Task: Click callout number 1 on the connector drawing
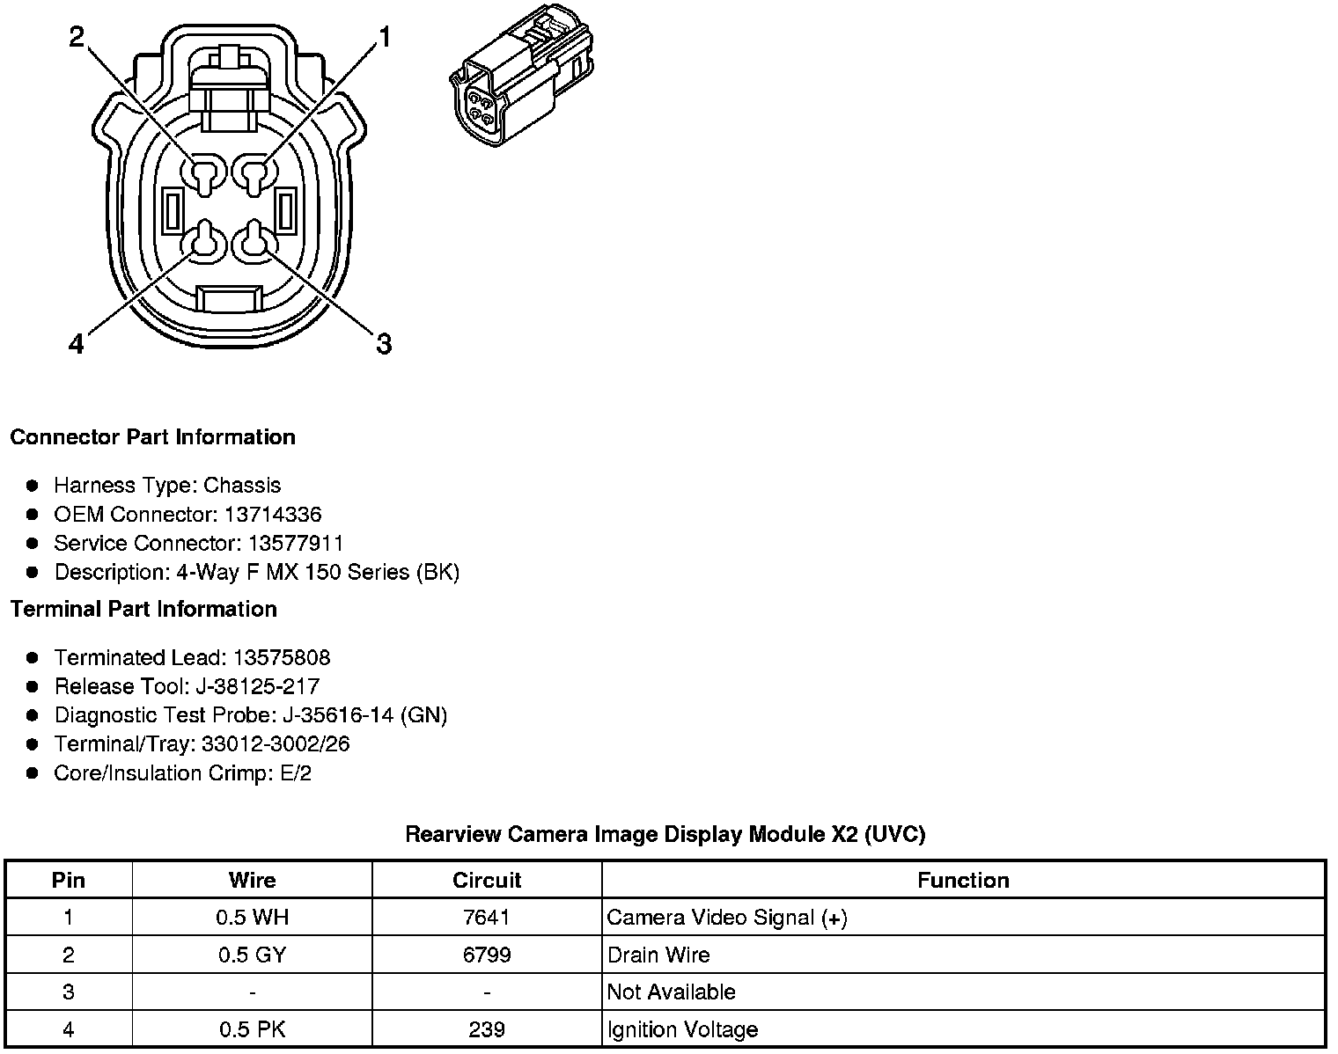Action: click(x=384, y=36)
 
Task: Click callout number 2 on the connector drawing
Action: click(x=77, y=36)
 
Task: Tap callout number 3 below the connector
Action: click(x=384, y=343)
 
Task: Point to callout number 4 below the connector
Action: click(x=77, y=343)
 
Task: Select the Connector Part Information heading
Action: click(x=152, y=437)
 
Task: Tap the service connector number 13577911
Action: click(x=295, y=543)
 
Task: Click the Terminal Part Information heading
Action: click(x=143, y=609)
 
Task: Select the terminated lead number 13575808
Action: click(x=282, y=657)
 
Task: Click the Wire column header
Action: click(x=252, y=880)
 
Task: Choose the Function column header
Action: click(x=963, y=880)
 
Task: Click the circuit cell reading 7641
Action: click(x=486, y=918)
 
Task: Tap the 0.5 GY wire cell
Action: click(x=252, y=955)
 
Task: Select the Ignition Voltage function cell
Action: click(x=682, y=1029)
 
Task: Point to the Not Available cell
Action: click(x=671, y=992)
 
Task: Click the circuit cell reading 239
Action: click(x=486, y=1029)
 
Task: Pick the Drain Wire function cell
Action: click(x=658, y=955)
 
